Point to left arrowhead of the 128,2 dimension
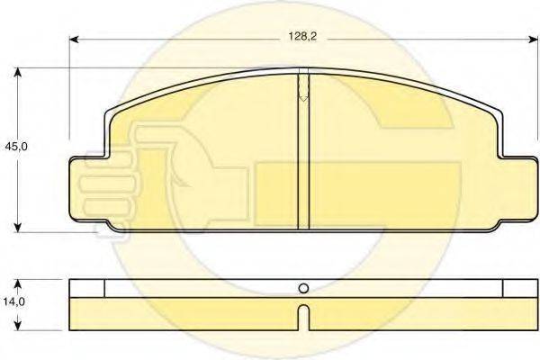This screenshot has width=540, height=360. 74,40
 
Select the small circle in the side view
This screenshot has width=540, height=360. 303,289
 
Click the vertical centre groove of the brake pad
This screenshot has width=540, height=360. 303,162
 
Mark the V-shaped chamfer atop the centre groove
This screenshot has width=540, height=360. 303,90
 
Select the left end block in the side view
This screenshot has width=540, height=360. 87,288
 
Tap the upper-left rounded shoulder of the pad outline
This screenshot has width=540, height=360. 112,113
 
